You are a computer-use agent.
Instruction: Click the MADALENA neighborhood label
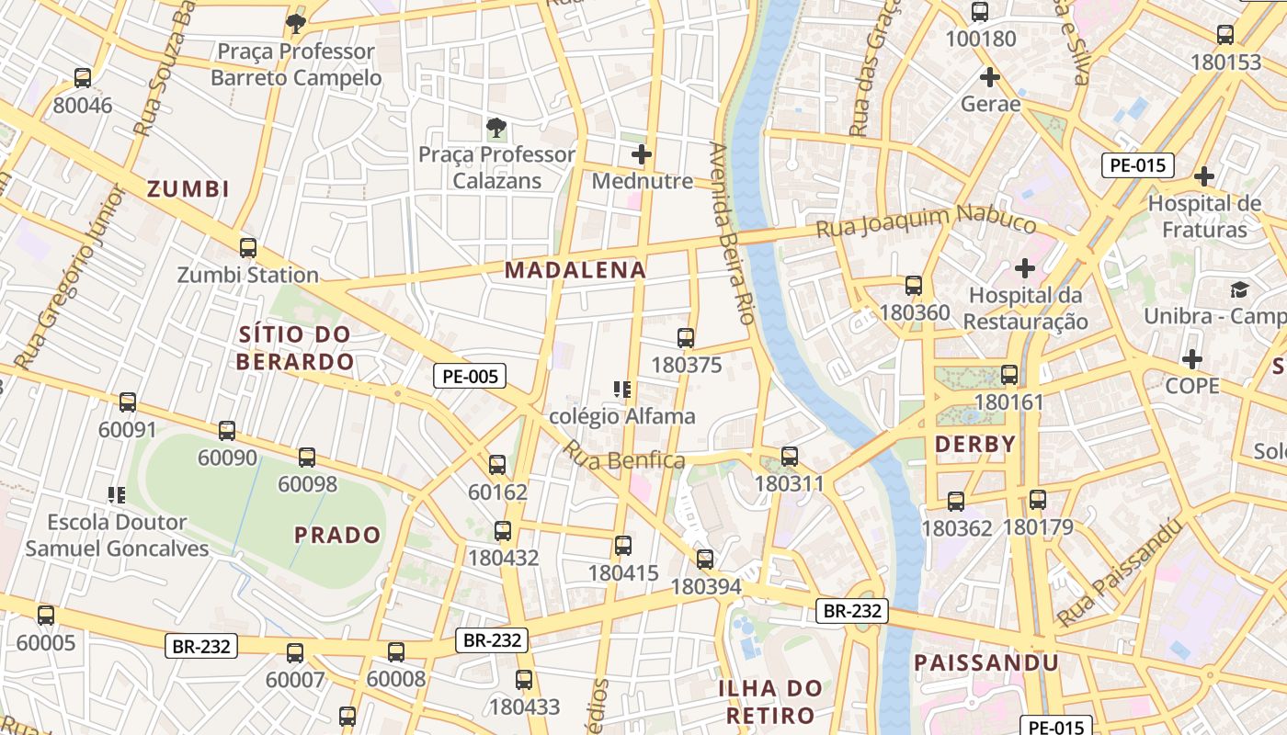(x=575, y=270)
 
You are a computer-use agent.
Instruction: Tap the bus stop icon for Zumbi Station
(x=247, y=248)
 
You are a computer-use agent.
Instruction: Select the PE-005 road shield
(x=470, y=376)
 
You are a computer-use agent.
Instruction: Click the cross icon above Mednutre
(x=642, y=154)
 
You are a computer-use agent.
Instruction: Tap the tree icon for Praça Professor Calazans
(x=496, y=127)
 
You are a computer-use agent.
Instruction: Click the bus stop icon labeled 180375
(x=686, y=338)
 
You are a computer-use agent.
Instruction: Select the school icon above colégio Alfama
(x=622, y=390)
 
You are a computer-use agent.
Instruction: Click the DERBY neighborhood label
(x=975, y=445)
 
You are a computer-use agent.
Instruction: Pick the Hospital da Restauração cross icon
(x=1025, y=268)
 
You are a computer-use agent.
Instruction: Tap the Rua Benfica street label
(x=624, y=456)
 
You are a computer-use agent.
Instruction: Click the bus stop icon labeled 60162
(x=497, y=465)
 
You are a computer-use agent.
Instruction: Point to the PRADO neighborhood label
(x=337, y=535)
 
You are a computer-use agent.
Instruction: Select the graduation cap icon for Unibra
(x=1239, y=289)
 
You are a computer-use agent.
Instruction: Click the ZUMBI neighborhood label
(x=188, y=189)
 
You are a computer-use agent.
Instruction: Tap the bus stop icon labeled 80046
(x=83, y=78)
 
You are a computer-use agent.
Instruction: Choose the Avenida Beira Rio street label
(x=732, y=234)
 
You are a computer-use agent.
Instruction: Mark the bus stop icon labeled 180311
(x=789, y=457)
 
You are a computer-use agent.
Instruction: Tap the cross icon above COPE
(x=1192, y=358)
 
